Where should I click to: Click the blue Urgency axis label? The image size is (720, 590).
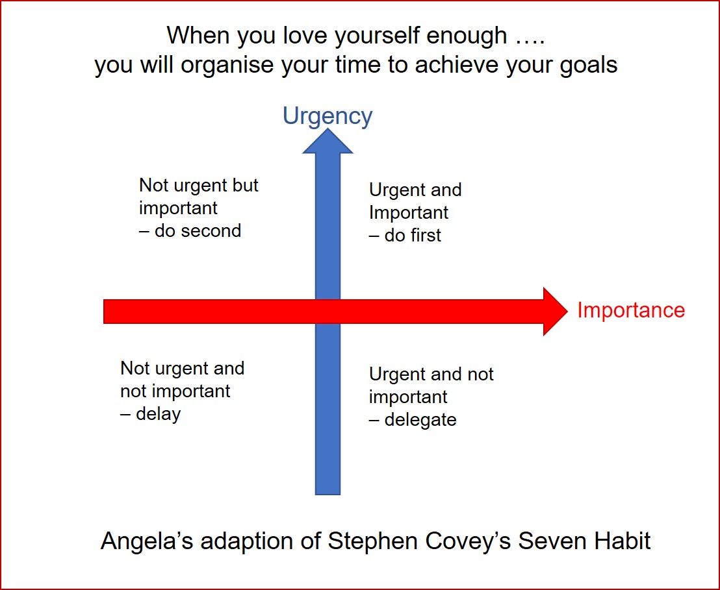point(328,116)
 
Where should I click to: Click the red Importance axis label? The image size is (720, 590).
point(631,310)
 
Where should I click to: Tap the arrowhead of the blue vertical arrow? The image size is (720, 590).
point(328,142)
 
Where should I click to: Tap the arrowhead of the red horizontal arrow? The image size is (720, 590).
point(556,312)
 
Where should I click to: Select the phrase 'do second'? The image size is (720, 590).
point(198,230)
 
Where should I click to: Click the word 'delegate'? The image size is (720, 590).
point(420,419)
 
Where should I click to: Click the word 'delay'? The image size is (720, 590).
point(158,413)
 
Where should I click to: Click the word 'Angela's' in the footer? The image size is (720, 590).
point(147,541)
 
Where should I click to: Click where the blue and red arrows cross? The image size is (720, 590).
point(328,312)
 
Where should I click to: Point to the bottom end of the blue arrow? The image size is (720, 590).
point(328,491)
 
